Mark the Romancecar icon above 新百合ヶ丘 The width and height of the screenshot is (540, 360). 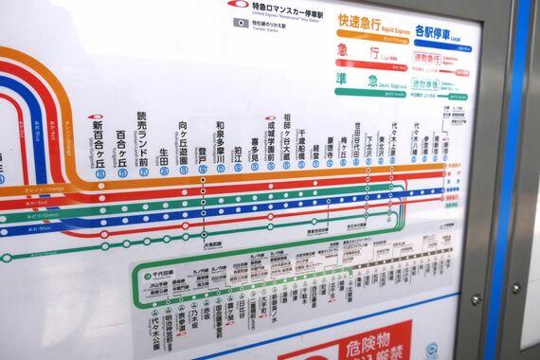97,118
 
